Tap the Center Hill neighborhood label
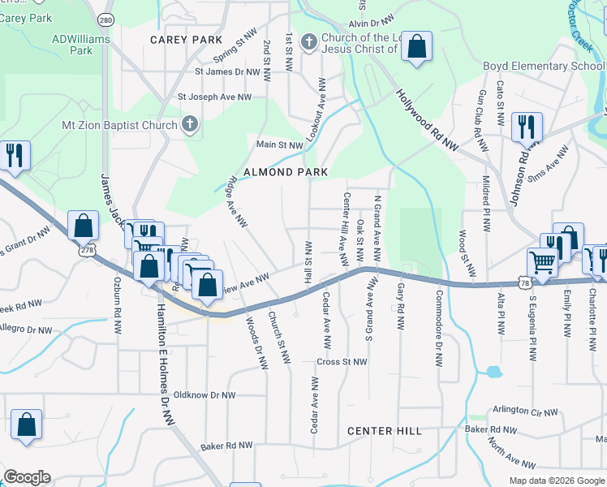[385, 431]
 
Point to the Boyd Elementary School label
[539, 66]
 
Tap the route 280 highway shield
[105, 18]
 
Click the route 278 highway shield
[87, 252]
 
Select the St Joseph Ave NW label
[215, 97]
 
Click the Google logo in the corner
[27, 477]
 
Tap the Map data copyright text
[556, 481]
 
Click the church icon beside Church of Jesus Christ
[308, 41]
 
